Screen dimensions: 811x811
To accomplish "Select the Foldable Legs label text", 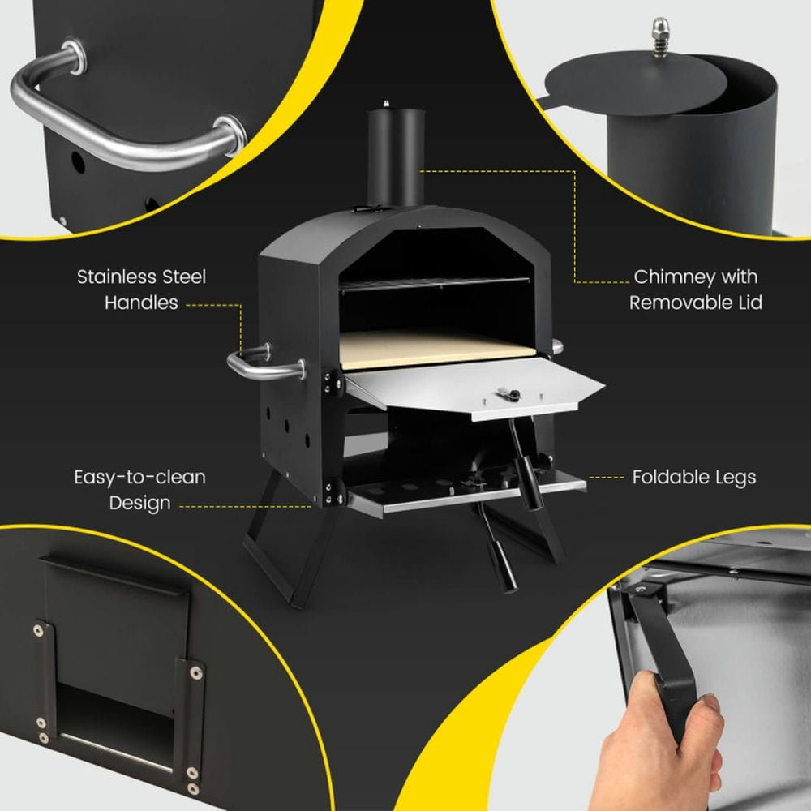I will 693,477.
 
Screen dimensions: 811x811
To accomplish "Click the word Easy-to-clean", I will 139,477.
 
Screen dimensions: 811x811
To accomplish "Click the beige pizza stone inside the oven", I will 438,347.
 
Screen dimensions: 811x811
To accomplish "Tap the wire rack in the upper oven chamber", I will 434,283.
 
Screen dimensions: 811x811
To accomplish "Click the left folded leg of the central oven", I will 280,551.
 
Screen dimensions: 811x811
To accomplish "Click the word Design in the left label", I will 139,503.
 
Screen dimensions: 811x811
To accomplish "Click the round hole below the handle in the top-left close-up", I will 78,163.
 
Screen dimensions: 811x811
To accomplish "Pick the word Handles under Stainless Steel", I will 141,303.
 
